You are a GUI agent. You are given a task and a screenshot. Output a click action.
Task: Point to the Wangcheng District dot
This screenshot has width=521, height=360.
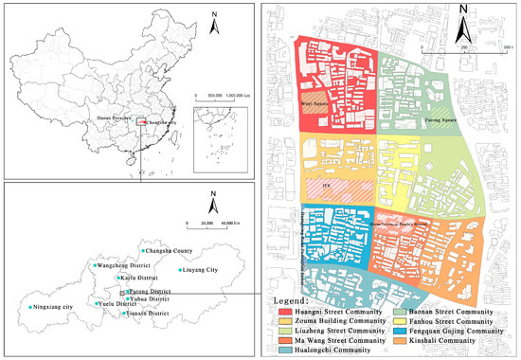pyautogui.click(x=89, y=266)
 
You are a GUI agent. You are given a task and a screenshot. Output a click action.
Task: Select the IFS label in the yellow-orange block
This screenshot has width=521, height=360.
pyautogui.click(x=327, y=186)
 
